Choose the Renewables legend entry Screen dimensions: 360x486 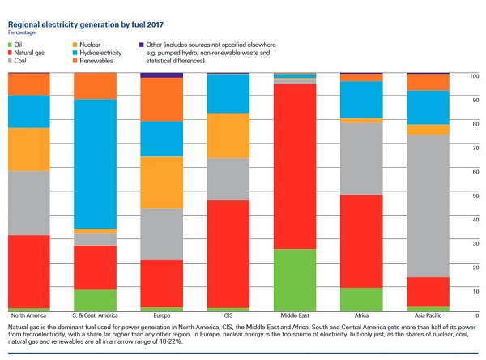tap(101, 60)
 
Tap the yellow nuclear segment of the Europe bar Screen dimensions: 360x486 tap(161, 182)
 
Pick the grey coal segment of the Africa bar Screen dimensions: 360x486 tap(360, 158)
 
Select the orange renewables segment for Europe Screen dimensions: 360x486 tap(161, 99)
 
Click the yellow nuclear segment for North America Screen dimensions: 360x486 tap(28, 149)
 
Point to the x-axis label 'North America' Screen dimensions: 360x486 tap(28, 315)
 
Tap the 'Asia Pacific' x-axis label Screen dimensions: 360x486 tap(428, 315)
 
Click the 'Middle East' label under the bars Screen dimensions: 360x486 tap(294, 315)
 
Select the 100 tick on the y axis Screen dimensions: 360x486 tap(475, 76)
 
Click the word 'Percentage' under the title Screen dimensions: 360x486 tap(22, 18)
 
